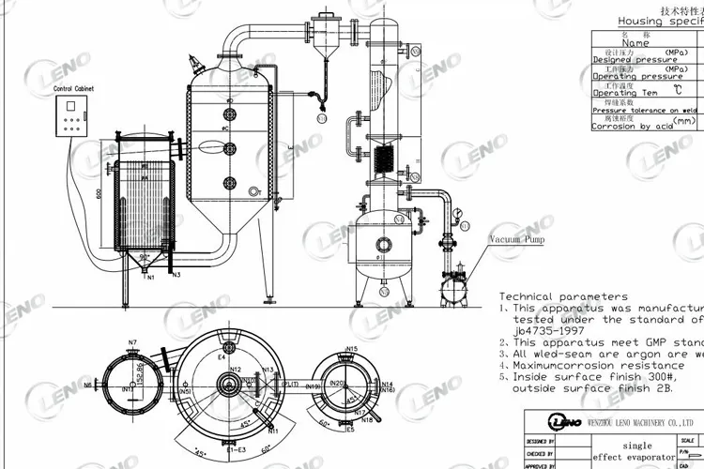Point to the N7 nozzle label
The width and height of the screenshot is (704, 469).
pos(133,341)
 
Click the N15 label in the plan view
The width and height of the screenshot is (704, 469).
pos(352,349)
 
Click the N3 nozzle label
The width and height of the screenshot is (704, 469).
pos(176,275)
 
